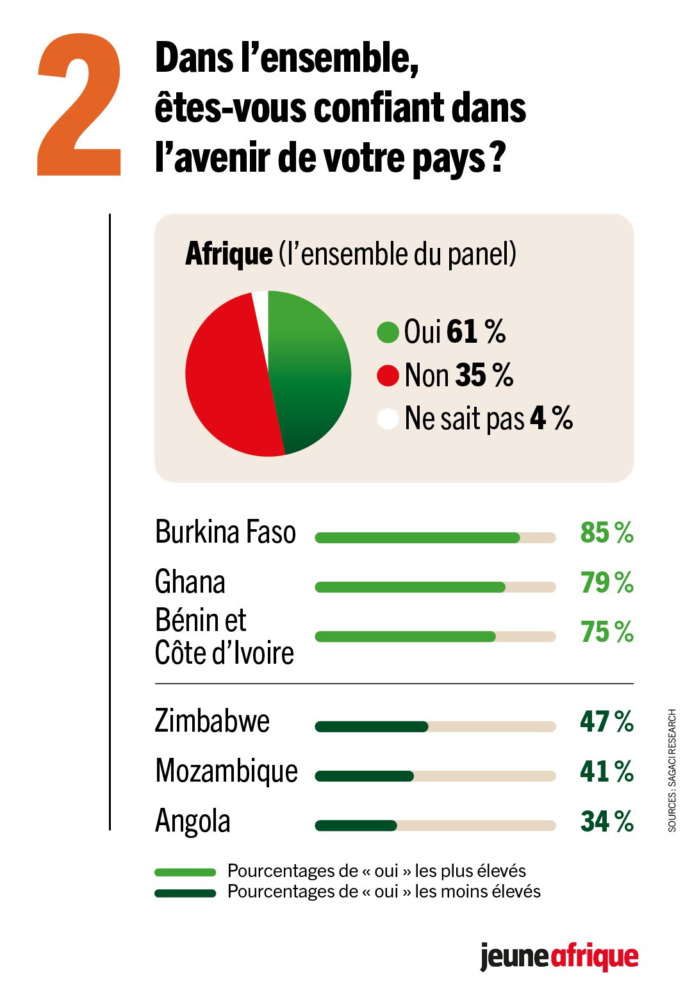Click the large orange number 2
tap(80, 106)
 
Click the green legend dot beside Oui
tap(388, 332)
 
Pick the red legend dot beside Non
tap(388, 375)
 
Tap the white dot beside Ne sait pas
tap(388, 418)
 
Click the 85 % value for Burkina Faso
tap(606, 532)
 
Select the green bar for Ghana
tap(410, 587)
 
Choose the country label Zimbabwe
tap(212, 721)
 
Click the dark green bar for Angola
tap(356, 826)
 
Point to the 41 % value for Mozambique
tap(606, 771)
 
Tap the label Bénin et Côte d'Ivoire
tap(224, 636)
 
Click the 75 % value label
tap(606, 632)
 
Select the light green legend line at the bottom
tap(185, 872)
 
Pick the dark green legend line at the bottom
tap(185, 893)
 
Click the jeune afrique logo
tap(559, 957)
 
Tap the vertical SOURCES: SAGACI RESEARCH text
tap(672, 770)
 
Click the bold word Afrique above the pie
tap(229, 254)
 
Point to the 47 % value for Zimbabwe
tap(606, 721)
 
